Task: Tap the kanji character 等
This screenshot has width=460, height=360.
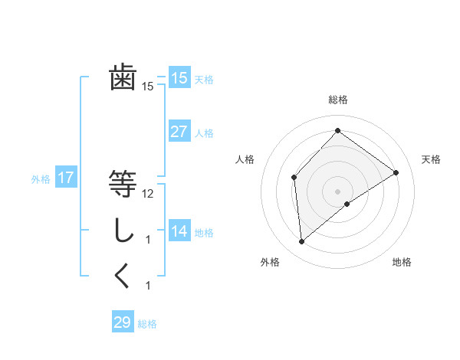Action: pos(123,184)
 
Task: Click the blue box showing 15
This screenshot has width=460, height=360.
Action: pos(179,78)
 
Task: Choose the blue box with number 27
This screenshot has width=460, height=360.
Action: pos(179,132)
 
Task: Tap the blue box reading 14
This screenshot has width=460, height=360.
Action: pos(179,231)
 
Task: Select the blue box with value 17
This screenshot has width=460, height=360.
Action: pos(66,178)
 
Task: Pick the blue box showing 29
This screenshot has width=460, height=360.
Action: pos(123,322)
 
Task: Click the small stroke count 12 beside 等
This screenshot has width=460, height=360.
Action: pos(149,194)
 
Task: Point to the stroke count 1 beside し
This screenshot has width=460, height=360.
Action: pos(148,240)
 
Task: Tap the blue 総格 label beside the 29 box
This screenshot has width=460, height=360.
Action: pos(147,324)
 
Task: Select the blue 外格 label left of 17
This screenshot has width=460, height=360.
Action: pos(41,179)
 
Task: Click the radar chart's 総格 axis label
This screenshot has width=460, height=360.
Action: pos(337,100)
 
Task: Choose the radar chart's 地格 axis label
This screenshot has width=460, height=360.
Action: pos(402,263)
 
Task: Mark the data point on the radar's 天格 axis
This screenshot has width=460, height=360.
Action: pos(396,172)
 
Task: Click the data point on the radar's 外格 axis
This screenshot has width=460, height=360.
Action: pos(302,242)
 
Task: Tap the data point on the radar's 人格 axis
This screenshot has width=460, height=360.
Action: pos(294,177)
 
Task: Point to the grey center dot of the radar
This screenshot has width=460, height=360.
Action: pos(337,191)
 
